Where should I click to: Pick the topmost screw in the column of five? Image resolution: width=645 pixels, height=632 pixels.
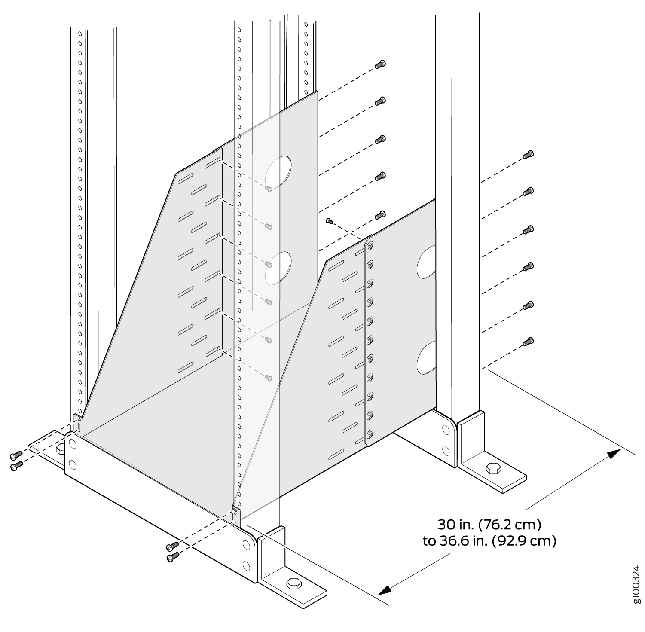tap(380, 64)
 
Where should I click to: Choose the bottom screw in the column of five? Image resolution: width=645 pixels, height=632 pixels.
tap(380, 214)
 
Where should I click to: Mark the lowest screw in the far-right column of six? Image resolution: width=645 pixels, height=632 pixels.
tap(528, 342)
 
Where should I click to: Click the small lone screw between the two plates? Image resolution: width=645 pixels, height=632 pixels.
tap(330, 221)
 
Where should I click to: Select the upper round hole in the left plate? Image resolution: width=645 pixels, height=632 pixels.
tap(278, 171)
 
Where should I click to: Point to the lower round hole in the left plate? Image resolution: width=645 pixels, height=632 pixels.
tap(278, 268)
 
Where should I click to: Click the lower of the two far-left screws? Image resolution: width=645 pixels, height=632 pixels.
tap(16, 466)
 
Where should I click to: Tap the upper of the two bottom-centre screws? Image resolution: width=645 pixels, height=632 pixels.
tap(172, 546)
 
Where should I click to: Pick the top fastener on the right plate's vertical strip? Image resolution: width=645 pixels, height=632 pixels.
tap(370, 245)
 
